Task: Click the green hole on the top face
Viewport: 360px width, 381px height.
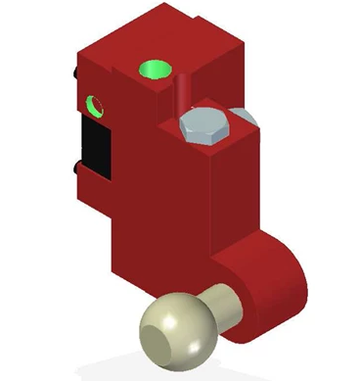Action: click(154, 70)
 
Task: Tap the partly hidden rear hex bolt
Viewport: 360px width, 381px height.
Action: click(246, 117)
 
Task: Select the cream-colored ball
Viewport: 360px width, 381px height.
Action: click(177, 328)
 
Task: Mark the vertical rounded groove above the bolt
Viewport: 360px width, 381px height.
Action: click(182, 93)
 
